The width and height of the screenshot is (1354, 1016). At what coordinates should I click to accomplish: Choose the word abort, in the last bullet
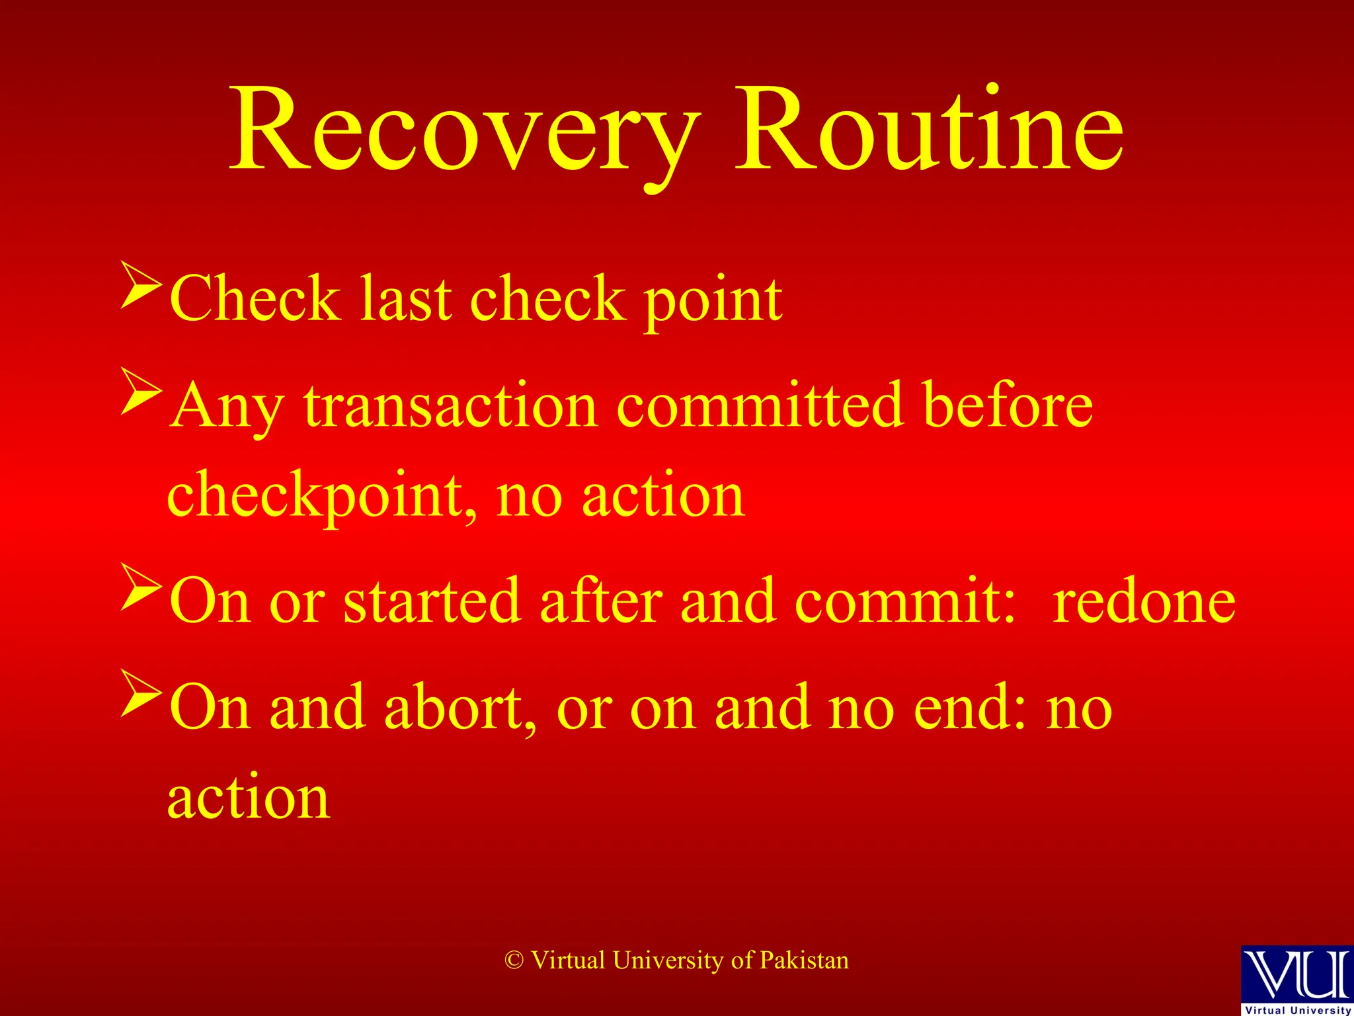tap(460, 707)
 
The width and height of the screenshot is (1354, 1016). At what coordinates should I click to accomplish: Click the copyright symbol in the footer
tap(514, 960)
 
